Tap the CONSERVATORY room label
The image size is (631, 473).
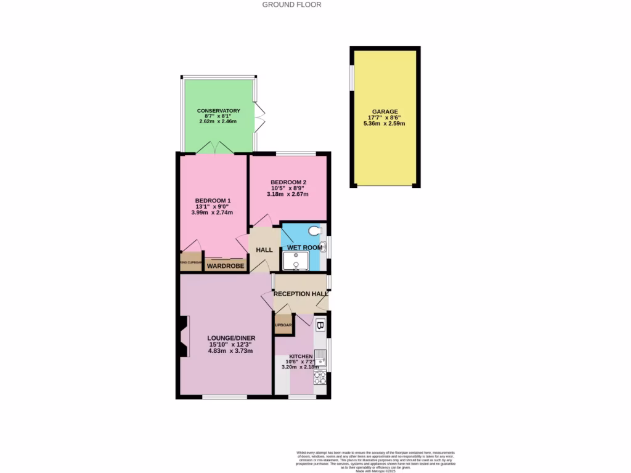coord(219,111)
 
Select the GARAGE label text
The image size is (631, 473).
coord(385,111)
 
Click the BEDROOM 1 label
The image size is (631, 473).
coord(213,201)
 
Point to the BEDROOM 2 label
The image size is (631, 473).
coord(288,182)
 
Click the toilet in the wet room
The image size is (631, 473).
coord(315,232)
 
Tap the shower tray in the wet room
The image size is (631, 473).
coord(295,261)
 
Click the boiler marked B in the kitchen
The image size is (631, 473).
coord(320,325)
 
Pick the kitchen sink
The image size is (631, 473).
coord(320,354)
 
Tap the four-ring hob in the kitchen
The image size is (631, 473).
coord(320,377)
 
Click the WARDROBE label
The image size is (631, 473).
coord(226,267)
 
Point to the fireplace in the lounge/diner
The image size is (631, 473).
coord(183,336)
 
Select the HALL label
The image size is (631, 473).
coord(264,250)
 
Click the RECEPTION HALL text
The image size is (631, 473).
coord(300,294)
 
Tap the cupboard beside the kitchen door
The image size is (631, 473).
coord(283,325)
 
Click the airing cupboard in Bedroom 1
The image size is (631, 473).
coord(191,262)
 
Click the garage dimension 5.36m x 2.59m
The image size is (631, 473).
coord(385,123)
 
